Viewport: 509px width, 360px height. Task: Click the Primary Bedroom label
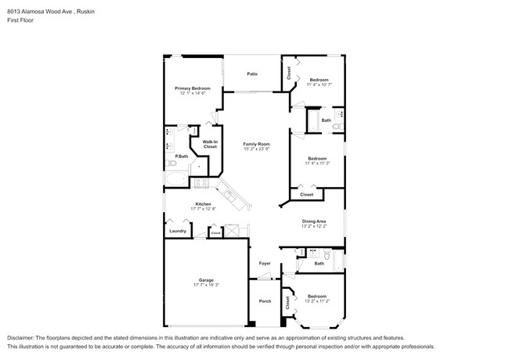coord(192,88)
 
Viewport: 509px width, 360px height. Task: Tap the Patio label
coord(252,74)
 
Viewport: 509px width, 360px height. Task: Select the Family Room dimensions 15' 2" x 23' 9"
coord(256,149)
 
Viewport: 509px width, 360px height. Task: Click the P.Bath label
coord(181,157)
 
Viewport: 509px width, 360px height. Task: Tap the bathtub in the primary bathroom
coord(176,180)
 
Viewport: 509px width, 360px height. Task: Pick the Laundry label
coord(177,231)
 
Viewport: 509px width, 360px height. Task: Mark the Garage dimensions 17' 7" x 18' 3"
coord(206,285)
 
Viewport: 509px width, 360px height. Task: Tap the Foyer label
coord(265,263)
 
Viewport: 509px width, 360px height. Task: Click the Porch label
coord(265,301)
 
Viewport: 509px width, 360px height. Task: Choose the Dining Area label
coord(314,221)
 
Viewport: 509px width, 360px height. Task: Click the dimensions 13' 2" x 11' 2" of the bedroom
coord(317,301)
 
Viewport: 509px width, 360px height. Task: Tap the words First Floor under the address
coord(21,20)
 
